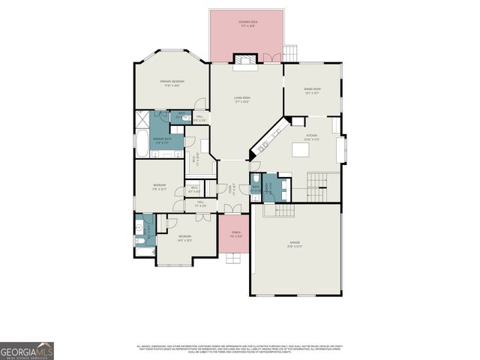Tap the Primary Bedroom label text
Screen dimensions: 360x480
[172, 82]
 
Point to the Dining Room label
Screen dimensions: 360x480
[312, 91]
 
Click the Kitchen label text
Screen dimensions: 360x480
[312, 138]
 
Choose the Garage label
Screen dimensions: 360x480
[295, 244]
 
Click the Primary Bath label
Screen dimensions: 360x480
[163, 139]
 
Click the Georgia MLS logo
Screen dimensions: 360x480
[27, 351]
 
